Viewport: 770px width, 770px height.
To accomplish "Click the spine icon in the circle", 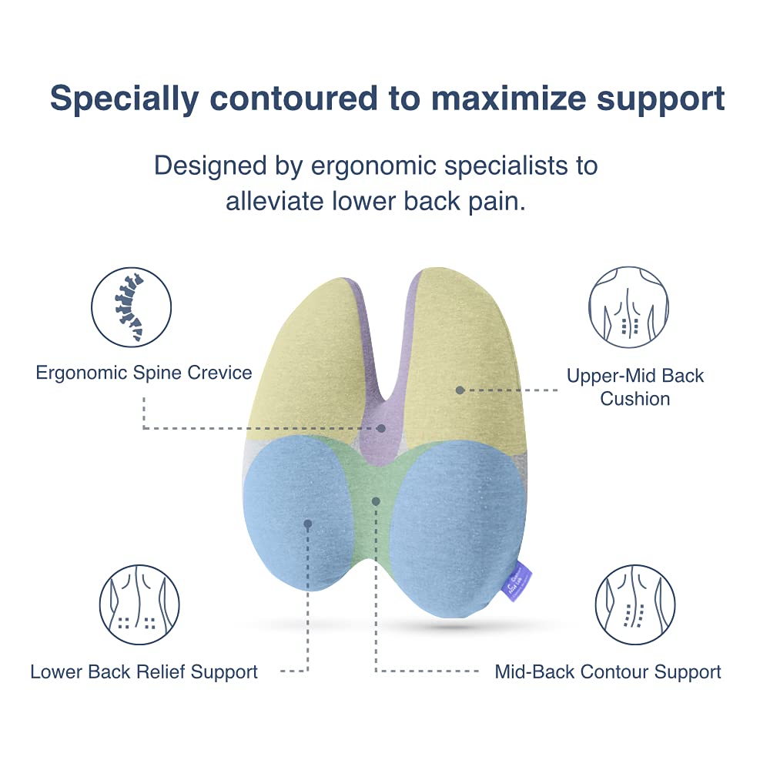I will (131, 306).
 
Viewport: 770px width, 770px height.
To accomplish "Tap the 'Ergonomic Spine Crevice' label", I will (144, 373).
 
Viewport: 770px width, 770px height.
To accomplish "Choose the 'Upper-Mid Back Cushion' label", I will (635, 387).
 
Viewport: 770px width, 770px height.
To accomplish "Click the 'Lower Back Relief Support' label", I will (144, 671).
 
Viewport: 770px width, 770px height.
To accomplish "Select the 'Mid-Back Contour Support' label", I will (608, 671).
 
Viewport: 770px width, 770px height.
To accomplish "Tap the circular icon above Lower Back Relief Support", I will (139, 605).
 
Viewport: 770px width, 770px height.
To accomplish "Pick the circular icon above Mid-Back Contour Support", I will (634, 605).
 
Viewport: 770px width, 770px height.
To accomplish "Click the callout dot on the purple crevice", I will (381, 427).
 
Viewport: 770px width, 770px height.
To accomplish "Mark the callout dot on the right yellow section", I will (460, 390).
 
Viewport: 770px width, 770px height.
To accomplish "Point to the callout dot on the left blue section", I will (307, 523).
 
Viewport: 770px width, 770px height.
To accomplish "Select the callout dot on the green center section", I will (376, 500).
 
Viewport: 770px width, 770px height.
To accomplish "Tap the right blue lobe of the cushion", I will (454, 524).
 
